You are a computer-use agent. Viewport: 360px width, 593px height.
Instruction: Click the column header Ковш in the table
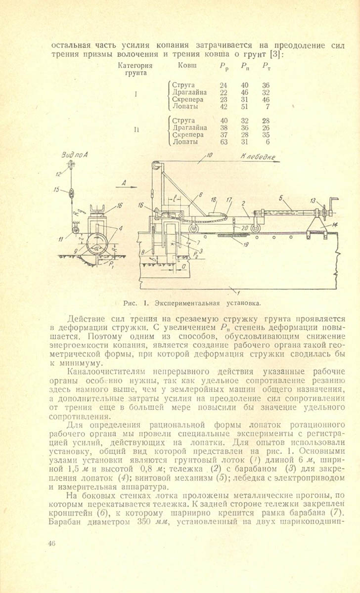[186, 65]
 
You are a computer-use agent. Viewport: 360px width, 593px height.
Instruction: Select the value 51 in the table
[244, 106]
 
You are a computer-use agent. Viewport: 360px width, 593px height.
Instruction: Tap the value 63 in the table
[224, 142]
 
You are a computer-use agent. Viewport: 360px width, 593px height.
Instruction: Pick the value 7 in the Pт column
[267, 106]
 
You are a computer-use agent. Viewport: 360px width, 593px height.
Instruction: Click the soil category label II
[135, 131]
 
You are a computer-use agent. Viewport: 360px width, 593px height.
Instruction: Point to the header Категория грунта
[135, 69]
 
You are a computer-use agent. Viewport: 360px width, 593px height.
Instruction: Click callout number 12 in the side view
[59, 173]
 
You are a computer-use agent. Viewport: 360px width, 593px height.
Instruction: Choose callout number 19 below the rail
[246, 244]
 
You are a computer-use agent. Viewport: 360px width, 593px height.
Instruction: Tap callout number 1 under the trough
[238, 288]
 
